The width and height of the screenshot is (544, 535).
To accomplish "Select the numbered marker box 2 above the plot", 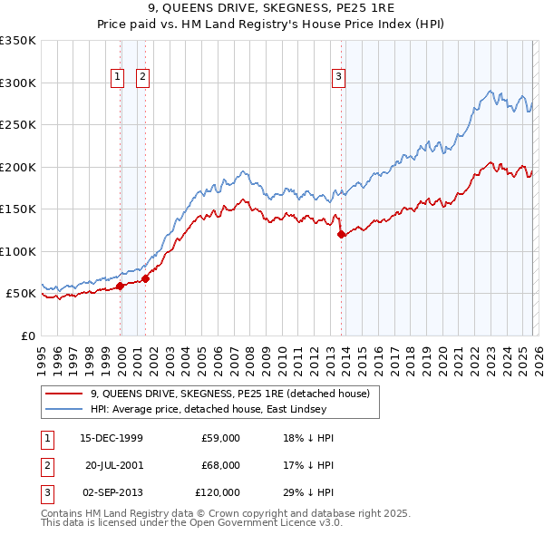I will [143, 78].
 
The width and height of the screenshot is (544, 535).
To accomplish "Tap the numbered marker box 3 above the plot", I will [338, 78].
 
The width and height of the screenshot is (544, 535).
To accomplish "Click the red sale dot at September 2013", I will [342, 235].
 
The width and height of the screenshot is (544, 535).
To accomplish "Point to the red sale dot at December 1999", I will [121, 287].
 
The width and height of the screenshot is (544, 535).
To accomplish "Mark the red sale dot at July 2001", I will [146, 278].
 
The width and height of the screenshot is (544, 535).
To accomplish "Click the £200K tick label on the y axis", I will [18, 167].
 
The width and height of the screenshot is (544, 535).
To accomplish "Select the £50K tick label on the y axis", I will [22, 294].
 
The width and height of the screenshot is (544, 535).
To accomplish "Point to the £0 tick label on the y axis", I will [27, 336].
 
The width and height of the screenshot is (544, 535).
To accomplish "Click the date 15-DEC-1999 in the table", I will [112, 437].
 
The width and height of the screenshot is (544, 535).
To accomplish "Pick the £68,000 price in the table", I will [222, 464].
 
